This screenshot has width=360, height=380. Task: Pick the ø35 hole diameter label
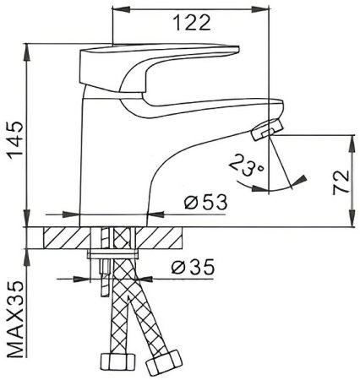point(192,268)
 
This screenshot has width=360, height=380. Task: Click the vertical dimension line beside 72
point(348,182)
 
